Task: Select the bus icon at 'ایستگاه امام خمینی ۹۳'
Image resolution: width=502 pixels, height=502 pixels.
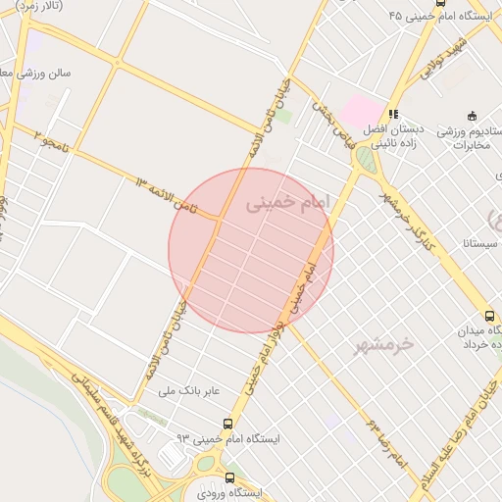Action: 228,425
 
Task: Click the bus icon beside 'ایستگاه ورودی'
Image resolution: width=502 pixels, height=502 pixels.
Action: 230,477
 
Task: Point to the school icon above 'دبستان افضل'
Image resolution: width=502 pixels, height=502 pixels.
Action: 393,114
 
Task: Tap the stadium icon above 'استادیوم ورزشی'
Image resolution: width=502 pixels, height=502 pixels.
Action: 472,115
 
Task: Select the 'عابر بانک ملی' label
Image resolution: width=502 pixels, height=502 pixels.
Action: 192,391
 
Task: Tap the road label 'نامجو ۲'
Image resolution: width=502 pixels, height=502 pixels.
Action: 52,143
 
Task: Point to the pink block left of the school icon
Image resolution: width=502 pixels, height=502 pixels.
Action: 362,112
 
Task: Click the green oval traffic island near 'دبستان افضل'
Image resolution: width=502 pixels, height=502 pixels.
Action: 366,159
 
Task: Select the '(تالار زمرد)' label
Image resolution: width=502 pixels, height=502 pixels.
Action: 40,6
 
